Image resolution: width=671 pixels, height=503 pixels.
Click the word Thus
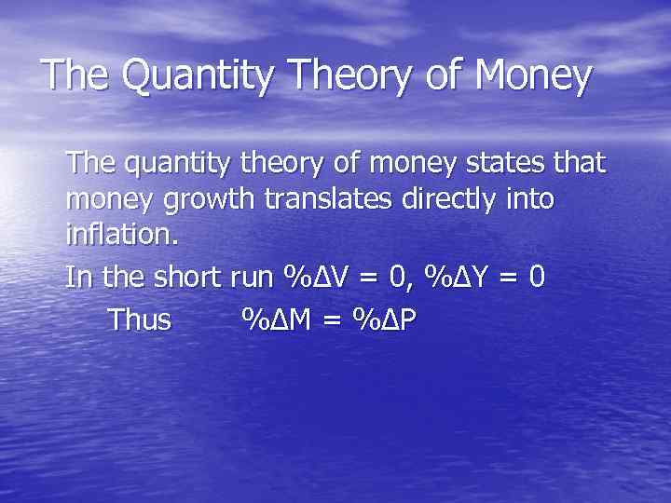click(140, 319)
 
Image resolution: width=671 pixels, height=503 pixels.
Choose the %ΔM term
click(276, 319)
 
